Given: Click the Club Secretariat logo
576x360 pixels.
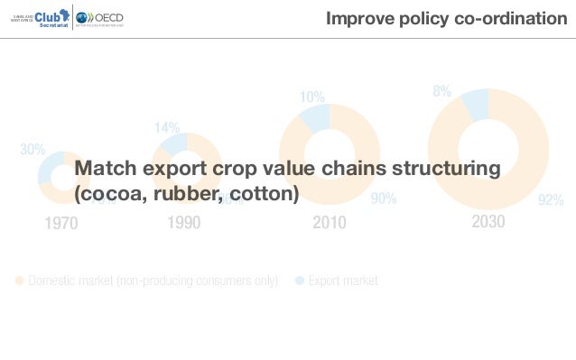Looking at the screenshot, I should tap(37, 18).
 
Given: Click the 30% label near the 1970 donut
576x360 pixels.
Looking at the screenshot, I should tap(33, 150).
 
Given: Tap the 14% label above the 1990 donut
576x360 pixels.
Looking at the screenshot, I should tap(167, 128).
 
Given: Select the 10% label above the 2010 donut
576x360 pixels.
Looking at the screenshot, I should tap(312, 97).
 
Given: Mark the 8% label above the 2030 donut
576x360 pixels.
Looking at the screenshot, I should tap(442, 91).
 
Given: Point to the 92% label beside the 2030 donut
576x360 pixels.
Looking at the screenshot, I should tap(551, 200).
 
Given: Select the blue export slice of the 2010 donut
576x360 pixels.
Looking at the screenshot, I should tap(316, 117).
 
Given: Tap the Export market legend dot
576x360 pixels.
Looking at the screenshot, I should tap(300, 281).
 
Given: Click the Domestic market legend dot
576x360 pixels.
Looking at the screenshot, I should tap(20, 281).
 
